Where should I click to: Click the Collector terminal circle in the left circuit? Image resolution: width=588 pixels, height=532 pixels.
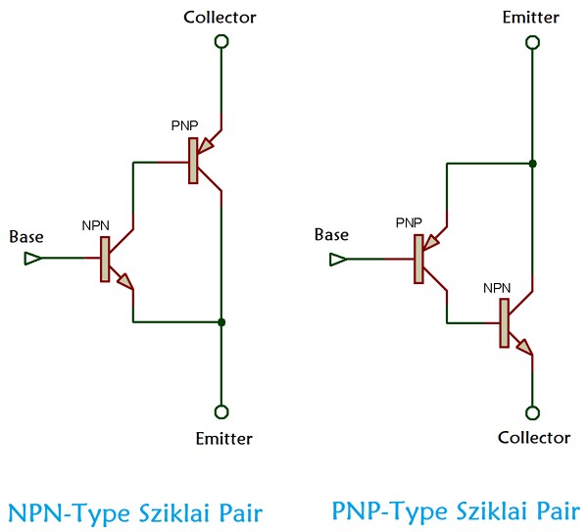[x=221, y=41]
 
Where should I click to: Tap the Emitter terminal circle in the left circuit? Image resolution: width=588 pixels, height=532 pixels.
[x=221, y=411]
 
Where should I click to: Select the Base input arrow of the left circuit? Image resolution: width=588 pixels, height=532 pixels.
[x=32, y=259]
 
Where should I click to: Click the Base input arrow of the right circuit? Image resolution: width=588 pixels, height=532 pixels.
[x=338, y=260]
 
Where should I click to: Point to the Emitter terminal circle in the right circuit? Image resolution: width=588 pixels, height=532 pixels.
[x=532, y=42]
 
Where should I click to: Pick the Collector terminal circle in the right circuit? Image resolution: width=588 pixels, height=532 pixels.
[x=532, y=412]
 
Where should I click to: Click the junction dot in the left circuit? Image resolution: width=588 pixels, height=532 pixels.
[x=222, y=321]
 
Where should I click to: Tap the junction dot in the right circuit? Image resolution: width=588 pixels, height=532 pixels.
[x=532, y=163]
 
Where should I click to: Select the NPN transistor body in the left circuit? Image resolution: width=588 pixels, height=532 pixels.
[x=105, y=259]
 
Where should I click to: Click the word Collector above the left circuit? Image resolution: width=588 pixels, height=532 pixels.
[x=220, y=18]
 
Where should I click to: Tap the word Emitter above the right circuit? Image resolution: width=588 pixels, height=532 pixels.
[x=530, y=18]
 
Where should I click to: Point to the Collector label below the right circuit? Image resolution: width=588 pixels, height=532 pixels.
[x=533, y=438]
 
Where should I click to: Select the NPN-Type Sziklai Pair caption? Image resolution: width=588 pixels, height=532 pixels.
[x=135, y=512]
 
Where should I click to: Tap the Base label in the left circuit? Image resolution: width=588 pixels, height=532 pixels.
[x=26, y=236]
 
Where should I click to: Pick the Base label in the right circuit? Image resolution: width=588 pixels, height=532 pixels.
[x=332, y=235]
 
